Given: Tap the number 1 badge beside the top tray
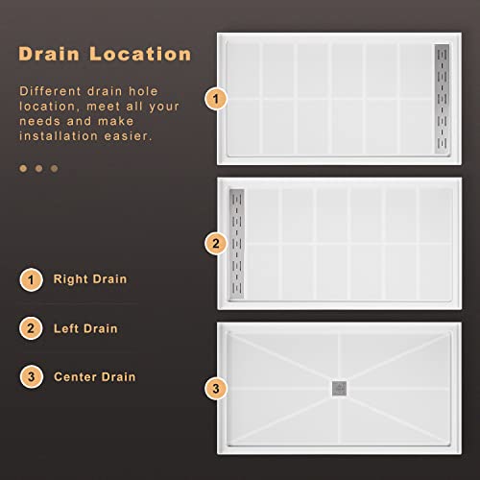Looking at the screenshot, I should pyautogui.click(x=217, y=98).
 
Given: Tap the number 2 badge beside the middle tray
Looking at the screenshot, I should pyautogui.click(x=217, y=244).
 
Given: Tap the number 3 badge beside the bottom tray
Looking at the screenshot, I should pyautogui.click(x=217, y=389).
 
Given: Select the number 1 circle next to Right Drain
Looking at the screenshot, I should pyautogui.click(x=32, y=280).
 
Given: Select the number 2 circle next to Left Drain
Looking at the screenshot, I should pyautogui.click(x=32, y=328).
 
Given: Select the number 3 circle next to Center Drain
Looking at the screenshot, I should pyautogui.click(x=32, y=376).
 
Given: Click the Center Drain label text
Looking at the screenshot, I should pyautogui.click(x=94, y=376).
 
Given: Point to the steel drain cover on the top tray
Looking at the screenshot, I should pyautogui.click(x=443, y=98).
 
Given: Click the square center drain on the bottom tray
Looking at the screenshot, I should pyautogui.click(x=339, y=388).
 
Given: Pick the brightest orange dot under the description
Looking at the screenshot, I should pyautogui.click(x=24, y=168).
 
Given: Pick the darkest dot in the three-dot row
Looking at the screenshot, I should pyautogui.click(x=55, y=168).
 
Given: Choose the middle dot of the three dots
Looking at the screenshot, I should pyautogui.click(x=39, y=168).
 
